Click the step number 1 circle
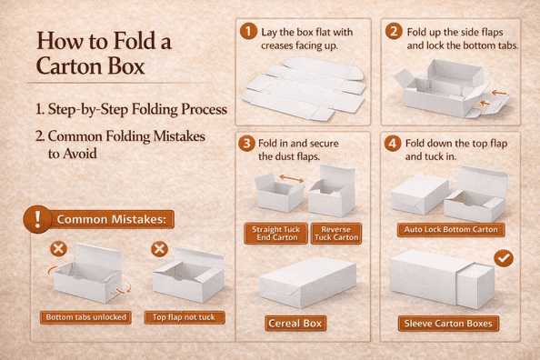coord(248,31)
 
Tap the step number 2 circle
coord(394,31)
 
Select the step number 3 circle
coord(246,143)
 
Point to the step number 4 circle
coord(393,143)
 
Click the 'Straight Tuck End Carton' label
coord(275,234)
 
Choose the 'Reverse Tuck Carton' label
coord(336,234)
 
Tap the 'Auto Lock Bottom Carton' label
coord(451,230)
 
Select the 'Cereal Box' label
coord(295,324)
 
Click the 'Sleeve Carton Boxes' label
coord(448,324)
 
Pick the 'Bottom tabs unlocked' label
coord(85,317)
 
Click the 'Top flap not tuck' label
coord(185,317)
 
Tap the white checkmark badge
coord(504,258)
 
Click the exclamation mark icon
coord(37,219)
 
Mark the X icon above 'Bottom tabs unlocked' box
coord(58,249)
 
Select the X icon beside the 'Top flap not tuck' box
coord(159,249)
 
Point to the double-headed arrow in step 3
coord(291,178)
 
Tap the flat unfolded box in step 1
coord(304,89)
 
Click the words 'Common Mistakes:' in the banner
coord(111,219)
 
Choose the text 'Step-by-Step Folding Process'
coord(137,109)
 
